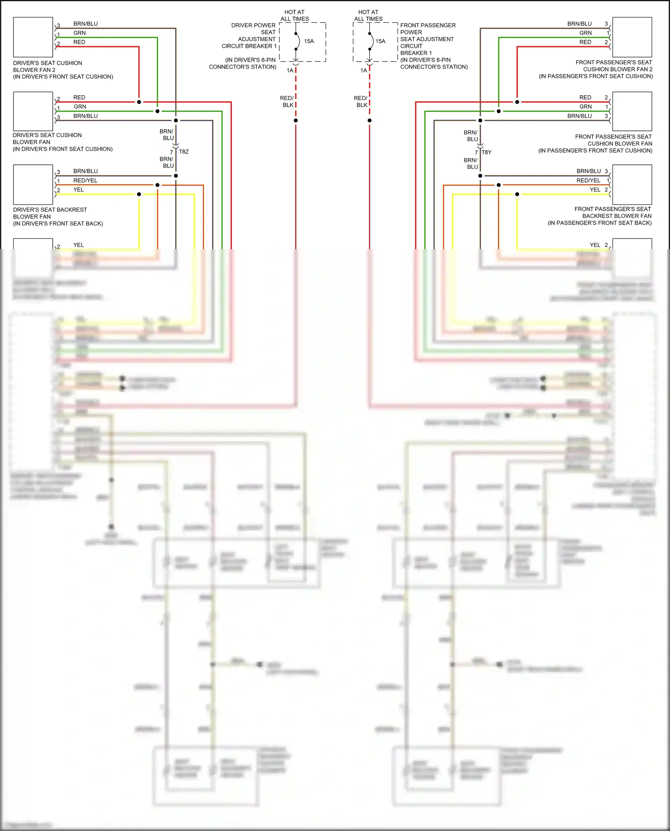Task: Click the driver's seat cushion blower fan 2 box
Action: click(33, 37)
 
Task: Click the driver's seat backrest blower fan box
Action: click(33, 184)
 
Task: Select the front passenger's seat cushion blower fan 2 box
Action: click(632, 37)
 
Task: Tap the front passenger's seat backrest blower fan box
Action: click(632, 184)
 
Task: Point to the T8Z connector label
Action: click(184, 152)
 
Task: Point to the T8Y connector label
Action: click(486, 152)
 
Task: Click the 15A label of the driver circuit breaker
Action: click(309, 41)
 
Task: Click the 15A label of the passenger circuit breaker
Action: click(381, 41)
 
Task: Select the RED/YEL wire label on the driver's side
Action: click(85, 180)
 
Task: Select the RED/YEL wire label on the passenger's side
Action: click(588, 180)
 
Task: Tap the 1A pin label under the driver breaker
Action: click(290, 71)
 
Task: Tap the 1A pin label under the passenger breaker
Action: click(364, 71)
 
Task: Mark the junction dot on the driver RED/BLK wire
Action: click(296, 121)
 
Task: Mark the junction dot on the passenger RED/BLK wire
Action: click(369, 121)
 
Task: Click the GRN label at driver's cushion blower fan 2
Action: click(80, 33)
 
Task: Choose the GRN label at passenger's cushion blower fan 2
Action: click(586, 33)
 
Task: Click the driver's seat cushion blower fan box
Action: click(33, 111)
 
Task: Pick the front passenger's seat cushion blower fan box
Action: click(632, 111)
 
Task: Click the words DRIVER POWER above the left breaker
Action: click(253, 25)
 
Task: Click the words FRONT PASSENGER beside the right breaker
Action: click(428, 25)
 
